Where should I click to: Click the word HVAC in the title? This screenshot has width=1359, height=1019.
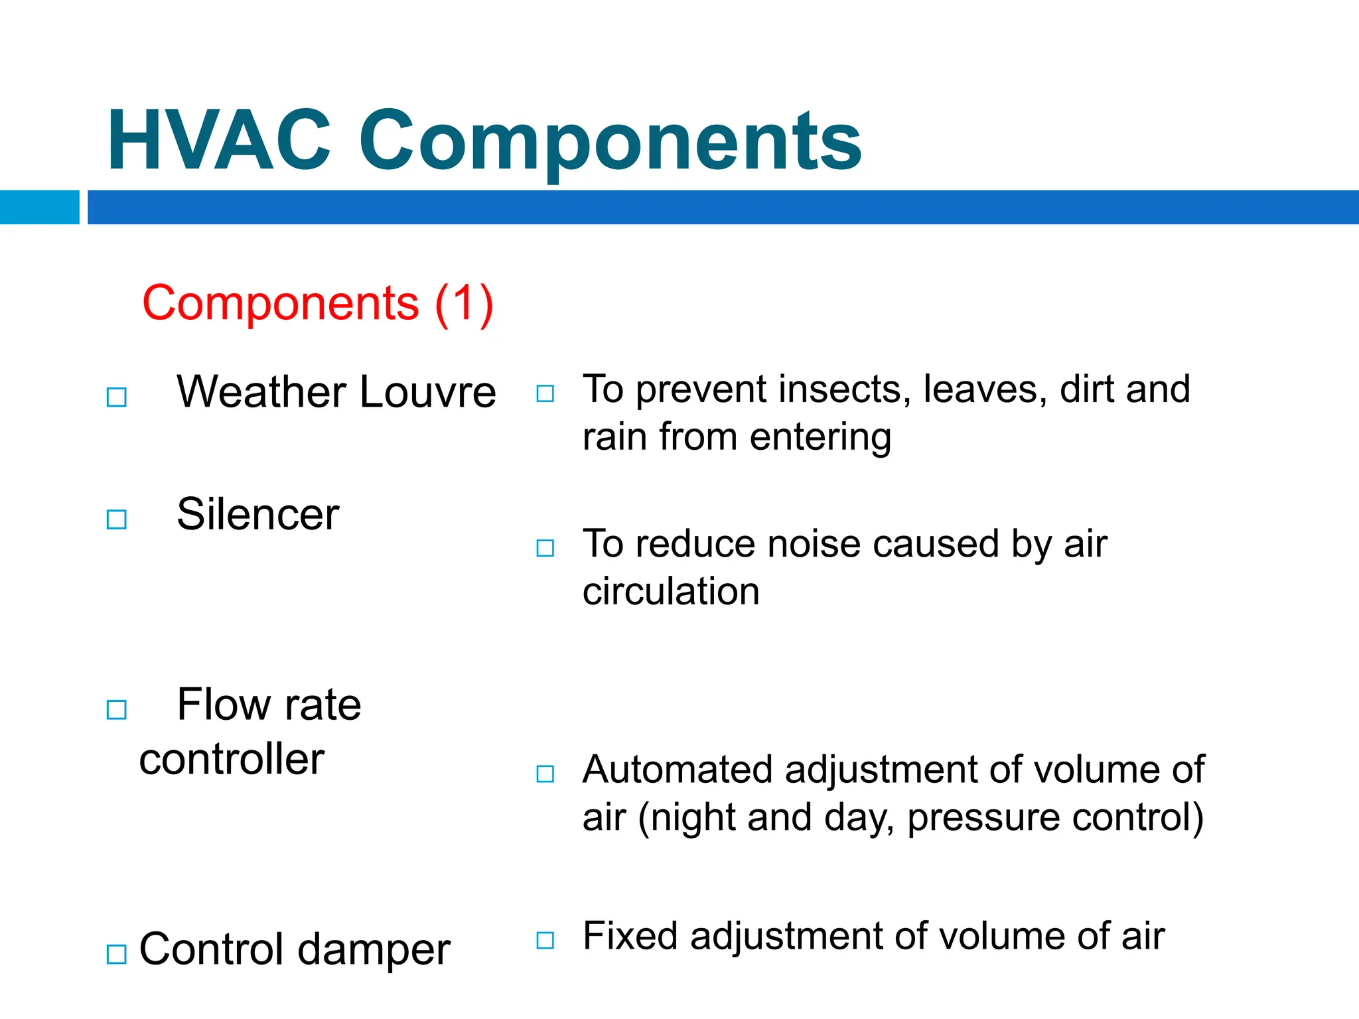pyautogui.click(x=218, y=141)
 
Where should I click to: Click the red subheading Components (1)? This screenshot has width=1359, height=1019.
pyautogui.click(x=317, y=303)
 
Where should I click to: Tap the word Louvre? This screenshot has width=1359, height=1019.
pyautogui.click(x=428, y=392)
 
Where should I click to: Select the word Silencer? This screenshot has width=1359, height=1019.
pyautogui.click(x=257, y=515)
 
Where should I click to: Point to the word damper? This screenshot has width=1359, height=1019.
pyautogui.click(x=374, y=949)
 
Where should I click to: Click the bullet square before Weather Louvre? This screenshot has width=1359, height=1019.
pyautogui.click(x=117, y=397)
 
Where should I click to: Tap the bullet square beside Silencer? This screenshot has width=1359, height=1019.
pyautogui.click(x=117, y=519)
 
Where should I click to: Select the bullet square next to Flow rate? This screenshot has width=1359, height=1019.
pyautogui.click(x=117, y=710)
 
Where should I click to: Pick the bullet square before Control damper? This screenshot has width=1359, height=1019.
pyautogui.click(x=117, y=954)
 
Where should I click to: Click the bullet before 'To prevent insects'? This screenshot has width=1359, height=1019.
pyautogui.click(x=545, y=393)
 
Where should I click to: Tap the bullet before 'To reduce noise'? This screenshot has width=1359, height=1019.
pyautogui.click(x=545, y=548)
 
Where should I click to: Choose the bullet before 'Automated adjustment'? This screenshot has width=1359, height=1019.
pyautogui.click(x=545, y=774)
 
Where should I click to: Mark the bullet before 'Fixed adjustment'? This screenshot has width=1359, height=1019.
pyautogui.click(x=545, y=940)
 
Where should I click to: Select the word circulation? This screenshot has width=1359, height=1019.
pyautogui.click(x=671, y=591)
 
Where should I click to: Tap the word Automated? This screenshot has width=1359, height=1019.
pyautogui.click(x=678, y=770)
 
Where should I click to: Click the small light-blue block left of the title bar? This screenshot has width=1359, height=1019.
pyautogui.click(x=39, y=207)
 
